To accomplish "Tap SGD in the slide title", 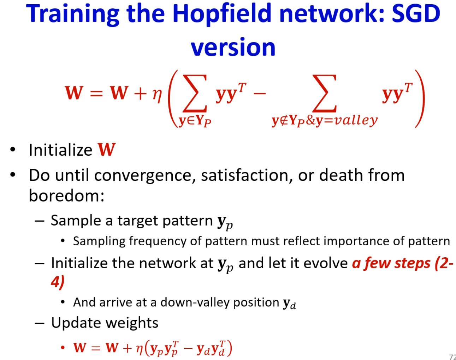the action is (x=416, y=13).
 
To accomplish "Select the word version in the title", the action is (x=233, y=47).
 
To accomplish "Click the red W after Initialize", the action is (x=107, y=150).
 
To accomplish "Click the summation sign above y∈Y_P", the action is (x=195, y=93).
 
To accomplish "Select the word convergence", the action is (x=143, y=176).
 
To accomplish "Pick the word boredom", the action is (x=66, y=196).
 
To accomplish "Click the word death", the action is (x=341, y=175).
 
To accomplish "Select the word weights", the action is (x=132, y=323).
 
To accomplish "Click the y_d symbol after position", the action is (x=289, y=304).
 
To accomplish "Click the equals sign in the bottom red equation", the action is (x=96, y=348).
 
